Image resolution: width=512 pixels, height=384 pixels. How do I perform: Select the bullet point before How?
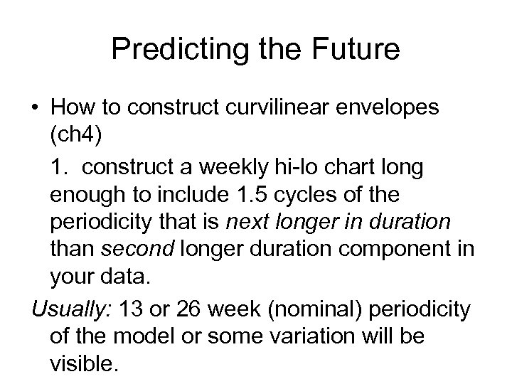click(x=36, y=107)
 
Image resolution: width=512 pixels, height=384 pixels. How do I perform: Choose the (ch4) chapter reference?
click(x=75, y=136)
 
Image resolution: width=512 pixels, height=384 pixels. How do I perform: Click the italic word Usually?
click(x=62, y=309)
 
